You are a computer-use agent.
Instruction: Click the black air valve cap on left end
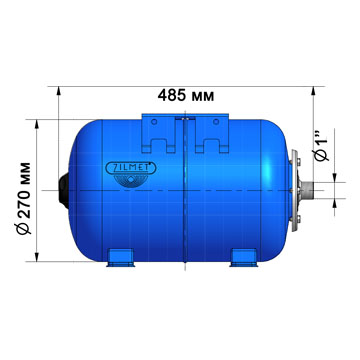pyautogui.click(x=66, y=187)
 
